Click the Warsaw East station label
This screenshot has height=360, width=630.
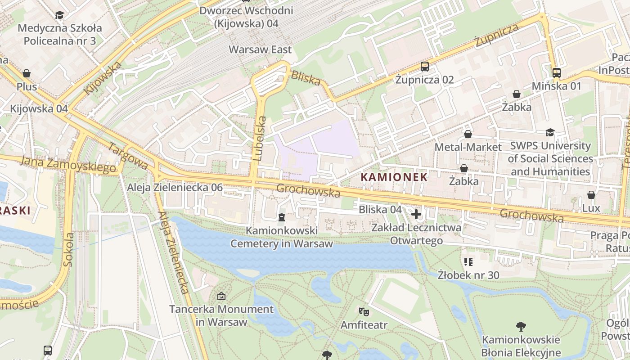click(x=260, y=49)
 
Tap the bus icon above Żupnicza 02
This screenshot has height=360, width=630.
click(x=424, y=67)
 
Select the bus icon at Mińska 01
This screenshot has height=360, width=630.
click(x=556, y=72)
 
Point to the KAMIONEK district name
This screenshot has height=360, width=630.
click(x=394, y=177)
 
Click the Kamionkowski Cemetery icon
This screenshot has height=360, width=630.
click(x=282, y=218)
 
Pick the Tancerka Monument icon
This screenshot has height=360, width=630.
click(x=221, y=296)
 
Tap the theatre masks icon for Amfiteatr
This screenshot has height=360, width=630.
click(x=364, y=311)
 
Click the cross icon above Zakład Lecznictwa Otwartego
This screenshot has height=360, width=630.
click(x=416, y=214)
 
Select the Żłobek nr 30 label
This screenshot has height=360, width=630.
click(x=468, y=274)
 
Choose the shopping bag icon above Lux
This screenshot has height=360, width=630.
click(x=591, y=195)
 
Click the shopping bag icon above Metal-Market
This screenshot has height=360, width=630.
click(x=468, y=134)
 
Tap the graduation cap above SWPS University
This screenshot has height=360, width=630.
click(x=550, y=132)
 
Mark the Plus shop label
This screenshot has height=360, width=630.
click(x=27, y=86)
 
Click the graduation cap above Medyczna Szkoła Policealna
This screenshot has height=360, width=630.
click(x=59, y=15)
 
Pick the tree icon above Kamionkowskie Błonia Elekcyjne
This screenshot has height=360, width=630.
click(x=521, y=326)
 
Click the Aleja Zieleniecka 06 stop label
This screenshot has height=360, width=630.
click(x=175, y=187)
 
